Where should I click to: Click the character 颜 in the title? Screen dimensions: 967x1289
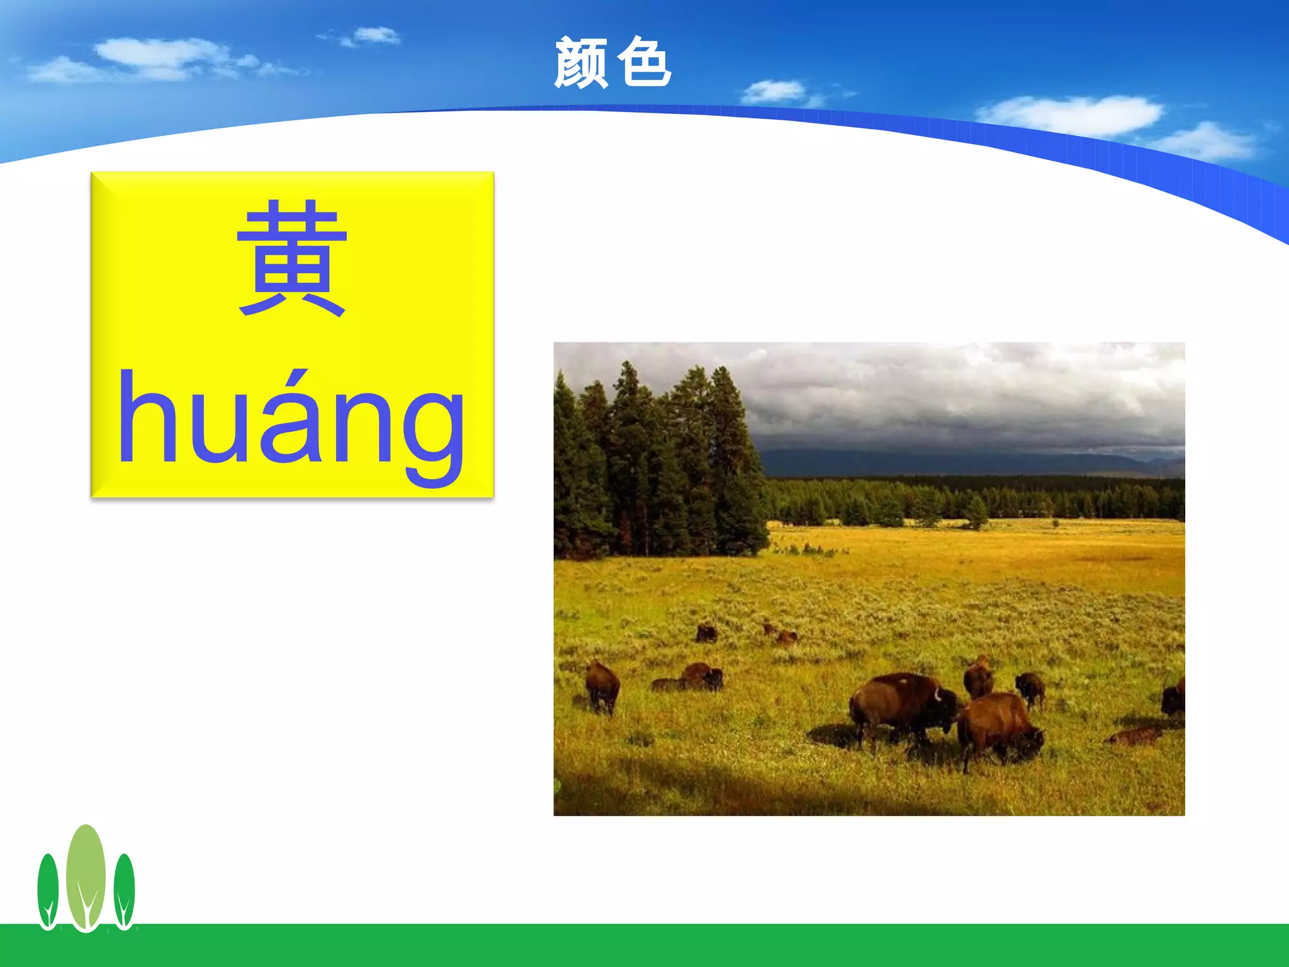pyautogui.click(x=580, y=63)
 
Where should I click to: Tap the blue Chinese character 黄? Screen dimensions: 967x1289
pyautogui.click(x=292, y=258)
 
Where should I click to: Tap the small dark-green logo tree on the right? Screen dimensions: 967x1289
pyautogui.click(x=124, y=891)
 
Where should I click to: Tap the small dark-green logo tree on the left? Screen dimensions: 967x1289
pyautogui.click(x=48, y=891)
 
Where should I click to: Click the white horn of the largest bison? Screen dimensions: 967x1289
pyautogui.click(x=937, y=695)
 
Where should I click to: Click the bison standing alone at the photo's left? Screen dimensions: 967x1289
pyautogui.click(x=602, y=686)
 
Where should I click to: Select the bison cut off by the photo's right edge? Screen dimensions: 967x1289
pyautogui.click(x=1174, y=698)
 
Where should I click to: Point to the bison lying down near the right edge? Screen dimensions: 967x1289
pyautogui.click(x=1136, y=735)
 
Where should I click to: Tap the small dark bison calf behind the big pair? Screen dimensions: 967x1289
pyautogui.click(x=1030, y=687)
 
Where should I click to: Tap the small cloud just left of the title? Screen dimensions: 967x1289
pyautogui.click(x=376, y=35)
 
